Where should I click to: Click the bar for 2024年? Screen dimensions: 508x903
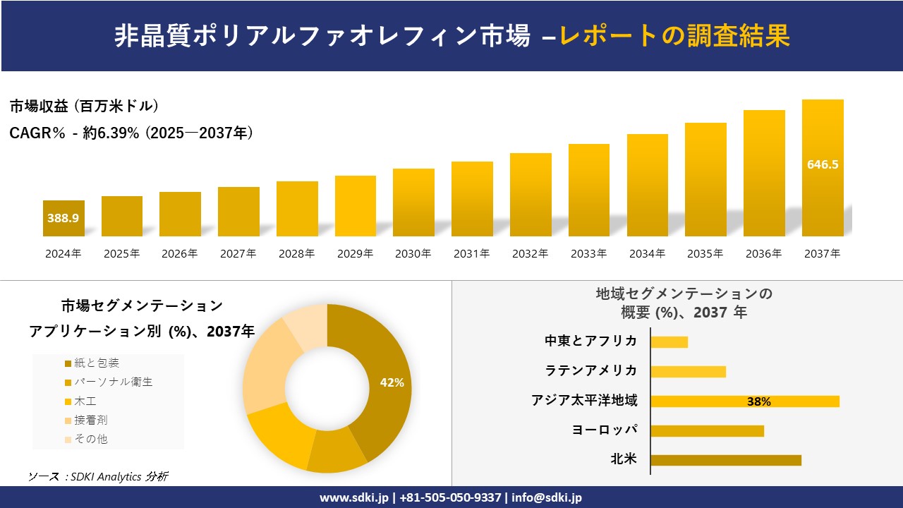tap(63, 219)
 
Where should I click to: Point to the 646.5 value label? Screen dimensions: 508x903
tap(823, 164)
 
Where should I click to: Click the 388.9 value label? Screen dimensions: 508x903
tap(63, 218)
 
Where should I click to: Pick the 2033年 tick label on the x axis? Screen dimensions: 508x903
tap(588, 254)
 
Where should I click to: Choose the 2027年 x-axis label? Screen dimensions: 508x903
tap(238, 254)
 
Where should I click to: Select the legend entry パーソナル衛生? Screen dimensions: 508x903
tap(113, 382)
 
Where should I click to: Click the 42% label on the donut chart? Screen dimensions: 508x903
tap(392, 382)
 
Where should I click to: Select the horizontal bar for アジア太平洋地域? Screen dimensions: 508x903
tap(744, 401)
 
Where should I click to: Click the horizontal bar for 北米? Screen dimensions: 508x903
tap(725, 460)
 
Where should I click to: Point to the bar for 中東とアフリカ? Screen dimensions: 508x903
tap(669, 342)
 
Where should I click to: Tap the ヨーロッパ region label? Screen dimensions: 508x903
tap(605, 430)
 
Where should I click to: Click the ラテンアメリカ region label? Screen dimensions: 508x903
tap(591, 371)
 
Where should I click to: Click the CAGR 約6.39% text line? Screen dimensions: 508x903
tap(131, 133)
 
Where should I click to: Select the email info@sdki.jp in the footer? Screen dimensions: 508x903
tap(548, 497)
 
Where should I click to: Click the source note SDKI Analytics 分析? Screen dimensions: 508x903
tap(98, 477)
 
